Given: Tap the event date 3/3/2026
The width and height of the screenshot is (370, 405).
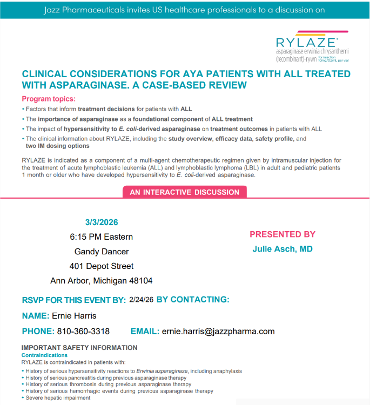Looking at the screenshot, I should coord(102,222).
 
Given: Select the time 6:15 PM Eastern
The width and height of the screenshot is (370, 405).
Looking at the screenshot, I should coord(101,237).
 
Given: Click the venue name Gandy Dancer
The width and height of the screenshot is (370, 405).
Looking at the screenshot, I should coord(102,252).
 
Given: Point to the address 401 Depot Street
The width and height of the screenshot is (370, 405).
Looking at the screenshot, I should coord(102,266).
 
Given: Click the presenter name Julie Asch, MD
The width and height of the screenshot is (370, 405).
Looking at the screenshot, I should coord(282,249).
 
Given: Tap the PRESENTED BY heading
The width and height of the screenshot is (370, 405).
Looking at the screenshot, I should coord(282,234).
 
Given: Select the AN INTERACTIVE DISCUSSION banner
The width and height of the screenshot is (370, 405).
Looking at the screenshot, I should coord(184,192).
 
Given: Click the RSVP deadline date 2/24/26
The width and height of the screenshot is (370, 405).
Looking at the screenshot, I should coord(142,299).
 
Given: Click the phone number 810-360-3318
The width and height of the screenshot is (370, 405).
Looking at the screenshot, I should coord(83,332).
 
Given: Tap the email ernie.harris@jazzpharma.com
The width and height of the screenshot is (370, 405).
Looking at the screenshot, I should coord(218,332).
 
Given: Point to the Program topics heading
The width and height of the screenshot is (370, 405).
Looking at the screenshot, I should coord(49,99).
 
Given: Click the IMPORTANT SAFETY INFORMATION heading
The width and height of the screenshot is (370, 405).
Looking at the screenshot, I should coord(79,348).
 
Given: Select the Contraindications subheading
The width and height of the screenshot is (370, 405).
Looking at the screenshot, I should coord(44,355).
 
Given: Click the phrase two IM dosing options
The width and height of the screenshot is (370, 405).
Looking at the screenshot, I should coord(57,146).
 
